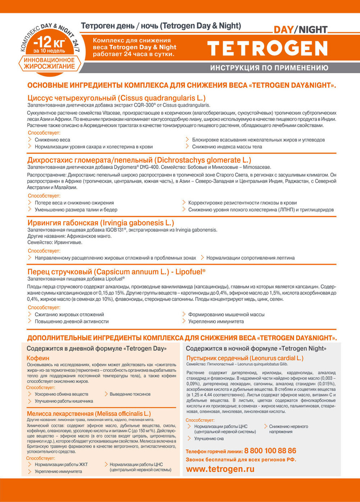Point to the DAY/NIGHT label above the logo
point(300,30)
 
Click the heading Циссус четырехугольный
point(116,98)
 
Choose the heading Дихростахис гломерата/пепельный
point(139,160)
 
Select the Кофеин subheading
point(38,359)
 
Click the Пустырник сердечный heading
point(244,359)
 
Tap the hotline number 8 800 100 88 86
point(270,451)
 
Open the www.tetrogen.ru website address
point(220,469)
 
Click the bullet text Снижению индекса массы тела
point(227,147)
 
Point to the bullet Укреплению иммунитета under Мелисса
point(58,471)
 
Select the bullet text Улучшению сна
point(209,438)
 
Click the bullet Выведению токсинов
point(130,394)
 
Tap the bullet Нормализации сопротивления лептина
point(250,258)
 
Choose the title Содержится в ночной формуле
point(257,348)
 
